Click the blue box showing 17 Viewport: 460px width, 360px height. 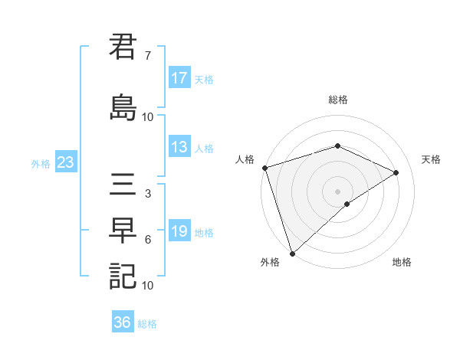[179, 78]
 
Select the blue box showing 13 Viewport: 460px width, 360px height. [179, 147]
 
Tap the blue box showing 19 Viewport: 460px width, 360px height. [179, 231]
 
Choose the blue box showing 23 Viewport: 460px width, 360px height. [65, 162]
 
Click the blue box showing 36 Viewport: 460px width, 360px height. [123, 322]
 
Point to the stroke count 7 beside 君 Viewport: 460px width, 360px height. [147, 56]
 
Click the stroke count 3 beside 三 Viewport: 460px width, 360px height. [147, 194]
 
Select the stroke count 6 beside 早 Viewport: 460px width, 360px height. [147, 240]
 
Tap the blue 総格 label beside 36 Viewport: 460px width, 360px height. [147, 324]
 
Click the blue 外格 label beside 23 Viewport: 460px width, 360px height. [41, 163]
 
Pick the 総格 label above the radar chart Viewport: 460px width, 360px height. [337, 100]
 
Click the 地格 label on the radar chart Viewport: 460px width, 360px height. [402, 262]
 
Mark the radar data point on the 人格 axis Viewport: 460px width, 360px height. [265, 168]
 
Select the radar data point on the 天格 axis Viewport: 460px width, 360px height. [396, 172]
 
